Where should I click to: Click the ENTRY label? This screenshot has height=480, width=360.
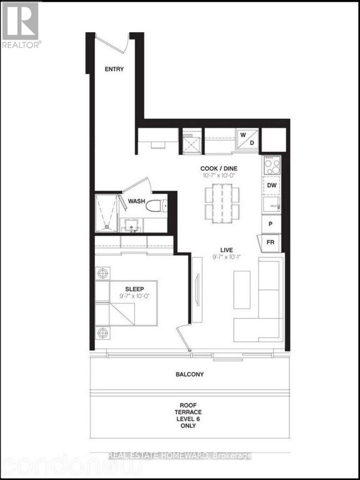point(114,69)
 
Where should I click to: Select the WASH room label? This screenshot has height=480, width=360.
point(137,202)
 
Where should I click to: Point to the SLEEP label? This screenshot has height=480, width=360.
point(135,288)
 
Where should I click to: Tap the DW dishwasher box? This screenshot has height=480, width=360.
point(271,185)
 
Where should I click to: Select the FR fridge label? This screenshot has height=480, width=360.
point(271,242)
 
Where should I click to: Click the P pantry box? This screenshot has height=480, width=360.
point(271,224)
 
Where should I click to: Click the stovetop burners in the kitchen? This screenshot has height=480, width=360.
point(271,164)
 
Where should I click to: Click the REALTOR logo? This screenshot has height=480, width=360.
point(20,24)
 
